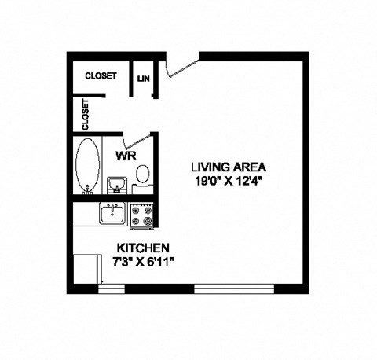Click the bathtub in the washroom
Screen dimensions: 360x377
[x=87, y=165]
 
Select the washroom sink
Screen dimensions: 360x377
[x=117, y=185]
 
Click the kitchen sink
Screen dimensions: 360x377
[x=112, y=214]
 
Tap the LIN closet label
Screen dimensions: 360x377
[x=144, y=78]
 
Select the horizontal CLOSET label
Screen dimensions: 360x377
[x=101, y=75]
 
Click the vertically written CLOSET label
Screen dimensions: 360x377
[x=85, y=114]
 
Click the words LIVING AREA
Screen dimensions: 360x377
[x=229, y=167]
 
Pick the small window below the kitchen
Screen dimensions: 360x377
[x=112, y=288]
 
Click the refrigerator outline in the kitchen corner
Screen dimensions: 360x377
[x=86, y=270]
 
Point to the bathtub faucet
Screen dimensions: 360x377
[x=87, y=192]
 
